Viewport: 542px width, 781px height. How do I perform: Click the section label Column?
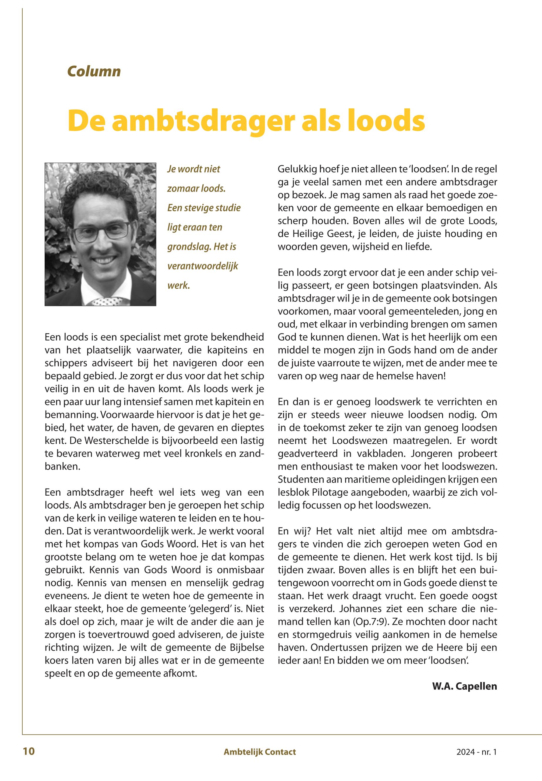[94, 72]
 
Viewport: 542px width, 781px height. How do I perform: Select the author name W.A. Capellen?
[464, 686]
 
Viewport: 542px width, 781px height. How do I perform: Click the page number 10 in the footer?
[28, 751]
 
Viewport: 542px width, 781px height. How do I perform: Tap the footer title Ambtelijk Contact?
[260, 752]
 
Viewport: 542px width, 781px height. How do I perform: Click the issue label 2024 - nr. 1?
[476, 752]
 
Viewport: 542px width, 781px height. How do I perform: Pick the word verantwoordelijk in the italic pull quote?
[202, 266]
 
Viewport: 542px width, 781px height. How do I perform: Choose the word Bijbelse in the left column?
[244, 648]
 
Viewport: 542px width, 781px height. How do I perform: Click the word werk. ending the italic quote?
[178, 285]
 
